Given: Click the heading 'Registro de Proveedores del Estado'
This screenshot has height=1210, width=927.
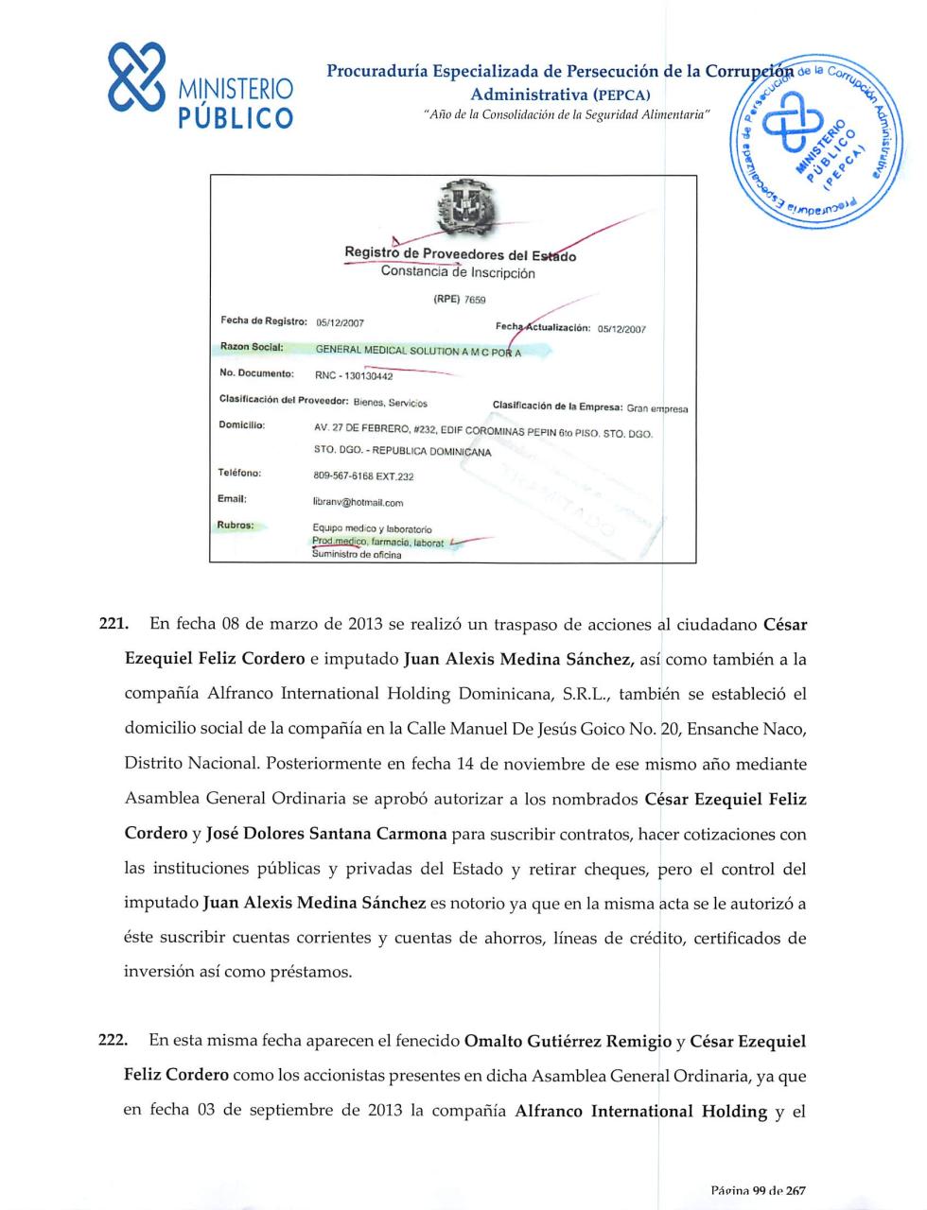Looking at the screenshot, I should tap(460, 254).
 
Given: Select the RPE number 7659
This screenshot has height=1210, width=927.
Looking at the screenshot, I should tap(474, 300).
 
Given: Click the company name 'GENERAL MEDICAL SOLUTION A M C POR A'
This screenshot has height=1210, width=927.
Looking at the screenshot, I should tap(417, 351).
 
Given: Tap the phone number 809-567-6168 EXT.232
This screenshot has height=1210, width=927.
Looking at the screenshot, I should tap(363, 476).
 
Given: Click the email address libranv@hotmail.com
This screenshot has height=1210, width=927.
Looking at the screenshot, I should tap(358, 503).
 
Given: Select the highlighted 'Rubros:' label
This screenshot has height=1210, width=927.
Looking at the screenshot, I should tap(236, 525).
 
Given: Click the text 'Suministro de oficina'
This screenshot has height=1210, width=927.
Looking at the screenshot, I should tap(357, 555).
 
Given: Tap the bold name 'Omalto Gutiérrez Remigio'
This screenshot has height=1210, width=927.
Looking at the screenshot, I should tap(568, 1041).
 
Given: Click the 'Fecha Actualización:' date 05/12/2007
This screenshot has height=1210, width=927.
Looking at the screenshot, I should tap(621, 330).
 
